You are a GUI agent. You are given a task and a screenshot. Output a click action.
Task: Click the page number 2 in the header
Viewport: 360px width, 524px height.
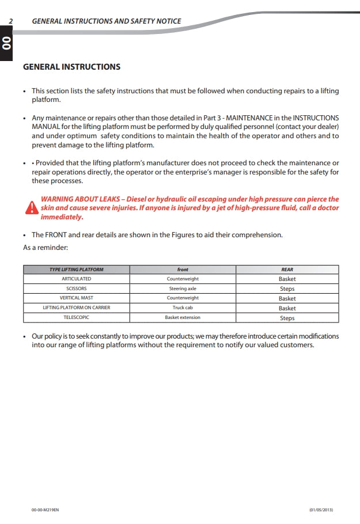[x=11, y=21]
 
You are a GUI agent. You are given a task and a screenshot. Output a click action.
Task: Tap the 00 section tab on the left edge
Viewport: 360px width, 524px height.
[x=6, y=43]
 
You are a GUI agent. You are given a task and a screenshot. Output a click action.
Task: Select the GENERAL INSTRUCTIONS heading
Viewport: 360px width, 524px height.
[x=71, y=67]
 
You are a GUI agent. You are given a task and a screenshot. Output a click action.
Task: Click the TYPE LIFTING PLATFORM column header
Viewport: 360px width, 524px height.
[x=76, y=269]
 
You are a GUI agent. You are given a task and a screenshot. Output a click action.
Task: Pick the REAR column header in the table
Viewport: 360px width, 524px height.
[x=287, y=269]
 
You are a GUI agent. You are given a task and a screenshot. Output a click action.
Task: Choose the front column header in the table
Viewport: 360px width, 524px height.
[x=183, y=269]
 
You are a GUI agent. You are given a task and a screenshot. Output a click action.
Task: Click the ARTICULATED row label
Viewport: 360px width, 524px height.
[x=76, y=279]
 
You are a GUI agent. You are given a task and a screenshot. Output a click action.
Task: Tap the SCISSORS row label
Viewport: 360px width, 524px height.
[x=76, y=288]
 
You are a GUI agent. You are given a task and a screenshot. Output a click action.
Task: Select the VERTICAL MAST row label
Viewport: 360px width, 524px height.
[x=76, y=298]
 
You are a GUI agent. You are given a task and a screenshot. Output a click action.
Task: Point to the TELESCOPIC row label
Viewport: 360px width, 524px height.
[x=76, y=317]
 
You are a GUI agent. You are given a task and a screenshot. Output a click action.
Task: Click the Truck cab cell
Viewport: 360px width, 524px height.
[x=183, y=307]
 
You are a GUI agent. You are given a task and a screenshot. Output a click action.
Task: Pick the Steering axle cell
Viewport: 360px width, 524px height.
[x=183, y=288]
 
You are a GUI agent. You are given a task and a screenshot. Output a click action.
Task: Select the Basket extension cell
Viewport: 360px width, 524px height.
[x=183, y=317]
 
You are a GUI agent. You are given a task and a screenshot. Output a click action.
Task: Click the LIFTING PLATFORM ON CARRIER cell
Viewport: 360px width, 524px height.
[x=76, y=307]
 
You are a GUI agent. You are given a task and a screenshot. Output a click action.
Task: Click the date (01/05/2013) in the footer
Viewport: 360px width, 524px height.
[x=321, y=510]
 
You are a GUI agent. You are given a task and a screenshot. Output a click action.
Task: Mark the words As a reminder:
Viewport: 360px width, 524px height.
[x=46, y=247]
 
